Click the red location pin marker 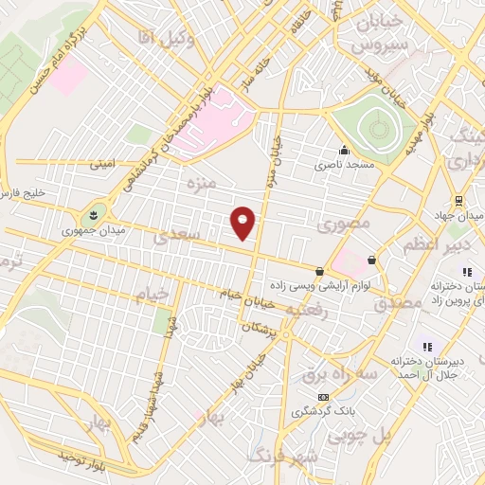coord(243,223)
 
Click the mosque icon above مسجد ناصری coord(343,150)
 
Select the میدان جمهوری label coord(85,229)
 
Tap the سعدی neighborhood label coord(180,234)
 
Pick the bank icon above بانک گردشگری coord(324,396)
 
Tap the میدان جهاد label coord(455,214)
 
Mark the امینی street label coord(101,163)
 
